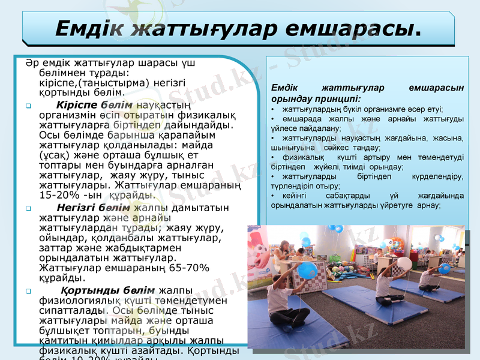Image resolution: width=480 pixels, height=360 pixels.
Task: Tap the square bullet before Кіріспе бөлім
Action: click(29, 106)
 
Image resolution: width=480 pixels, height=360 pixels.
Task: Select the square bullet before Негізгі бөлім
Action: click(29, 209)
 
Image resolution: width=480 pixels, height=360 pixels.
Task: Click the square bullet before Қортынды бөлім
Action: click(29, 292)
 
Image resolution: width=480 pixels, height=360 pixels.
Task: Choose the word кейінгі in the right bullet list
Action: click(290, 196)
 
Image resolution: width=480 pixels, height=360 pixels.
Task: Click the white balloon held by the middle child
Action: click(404, 263)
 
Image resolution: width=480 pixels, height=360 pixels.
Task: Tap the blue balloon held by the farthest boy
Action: click(445, 268)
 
